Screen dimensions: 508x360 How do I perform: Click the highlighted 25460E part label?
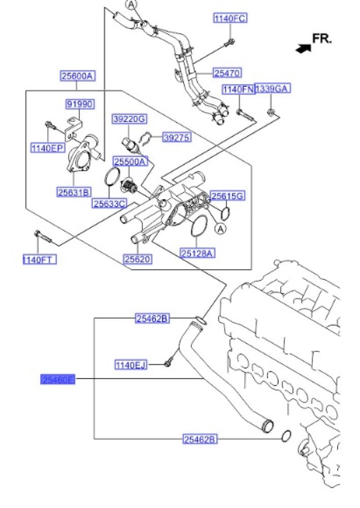tap(58, 379)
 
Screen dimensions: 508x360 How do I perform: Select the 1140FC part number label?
tap(230, 18)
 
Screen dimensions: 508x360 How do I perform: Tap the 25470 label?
tap(227, 73)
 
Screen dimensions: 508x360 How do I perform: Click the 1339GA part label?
tap(272, 89)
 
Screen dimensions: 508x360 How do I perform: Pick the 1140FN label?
tap(238, 89)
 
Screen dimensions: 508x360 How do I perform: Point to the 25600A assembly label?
tap(78, 76)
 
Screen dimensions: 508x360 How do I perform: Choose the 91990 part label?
tap(80, 104)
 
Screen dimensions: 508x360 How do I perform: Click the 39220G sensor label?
tap(129, 119)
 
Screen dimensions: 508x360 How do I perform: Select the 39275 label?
tap(176, 137)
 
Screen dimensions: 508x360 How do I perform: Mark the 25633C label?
tap(109, 204)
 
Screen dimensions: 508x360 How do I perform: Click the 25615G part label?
tap(228, 196)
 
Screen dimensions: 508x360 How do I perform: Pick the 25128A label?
tap(197, 252)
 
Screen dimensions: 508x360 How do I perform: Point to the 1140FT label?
tap(39, 260)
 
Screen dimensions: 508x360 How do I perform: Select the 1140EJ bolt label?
tap(130, 364)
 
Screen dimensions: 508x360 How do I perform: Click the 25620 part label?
tap(138, 259)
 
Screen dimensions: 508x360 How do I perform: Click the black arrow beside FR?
tap(303, 48)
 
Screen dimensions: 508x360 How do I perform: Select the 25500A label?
tap(130, 162)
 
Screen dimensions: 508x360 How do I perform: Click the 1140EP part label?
tap(47, 148)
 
